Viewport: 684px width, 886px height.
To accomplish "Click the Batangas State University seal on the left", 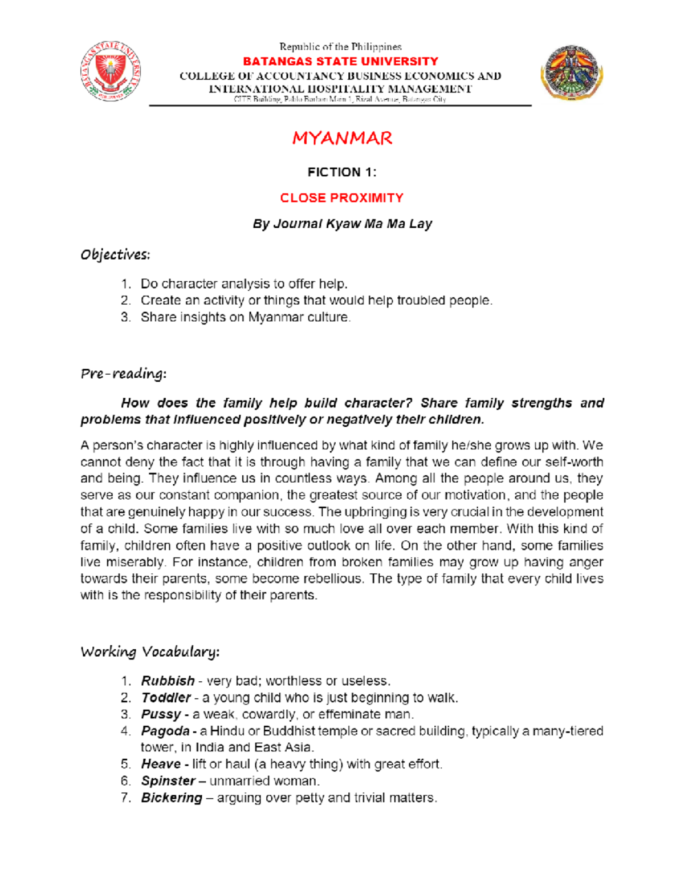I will pyautogui.click(x=111, y=72).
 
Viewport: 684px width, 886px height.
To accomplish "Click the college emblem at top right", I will pyautogui.click(x=572, y=72).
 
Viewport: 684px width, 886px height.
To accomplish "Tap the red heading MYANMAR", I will pyautogui.click(x=342, y=138).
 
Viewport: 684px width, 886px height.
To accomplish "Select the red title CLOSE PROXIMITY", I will pyautogui.click(x=341, y=198).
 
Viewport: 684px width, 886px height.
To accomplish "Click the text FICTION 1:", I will pyautogui.click(x=341, y=172).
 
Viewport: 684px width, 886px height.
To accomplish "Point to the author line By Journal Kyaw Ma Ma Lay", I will pyautogui.click(x=342, y=224).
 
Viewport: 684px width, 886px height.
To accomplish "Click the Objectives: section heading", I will pyautogui.click(x=115, y=254).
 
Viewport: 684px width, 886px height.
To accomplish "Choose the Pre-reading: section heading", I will pyautogui.click(x=123, y=374).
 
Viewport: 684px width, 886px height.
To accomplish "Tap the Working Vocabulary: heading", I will pyautogui.click(x=150, y=652).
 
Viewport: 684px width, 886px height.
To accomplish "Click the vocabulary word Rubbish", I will pyautogui.click(x=168, y=681).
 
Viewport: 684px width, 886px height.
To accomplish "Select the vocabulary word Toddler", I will pyautogui.click(x=166, y=698).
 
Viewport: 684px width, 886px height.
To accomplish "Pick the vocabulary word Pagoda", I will pyautogui.click(x=165, y=731).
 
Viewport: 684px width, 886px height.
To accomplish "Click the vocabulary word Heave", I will pyautogui.click(x=161, y=764).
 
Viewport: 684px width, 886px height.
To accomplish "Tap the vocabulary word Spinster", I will pyautogui.click(x=168, y=780).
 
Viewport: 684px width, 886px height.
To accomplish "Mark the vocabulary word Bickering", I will pyautogui.click(x=172, y=798).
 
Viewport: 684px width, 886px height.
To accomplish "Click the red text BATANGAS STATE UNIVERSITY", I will pyautogui.click(x=340, y=61).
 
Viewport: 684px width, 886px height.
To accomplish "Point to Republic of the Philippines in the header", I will pyautogui.click(x=340, y=47).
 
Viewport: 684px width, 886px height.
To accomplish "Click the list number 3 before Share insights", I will pyautogui.click(x=125, y=317).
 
